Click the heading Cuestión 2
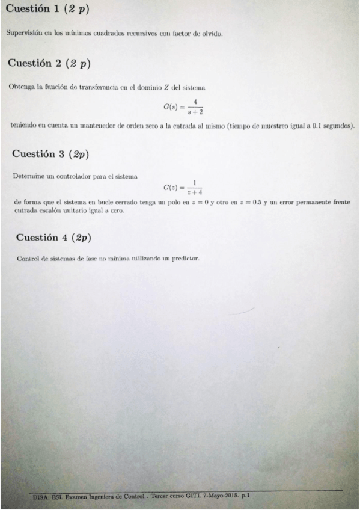[49, 63]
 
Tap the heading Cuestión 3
[50, 154]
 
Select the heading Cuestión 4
[53, 237]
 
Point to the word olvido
[211, 33]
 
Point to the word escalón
[49, 210]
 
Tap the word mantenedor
[86, 126]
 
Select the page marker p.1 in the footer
[245, 496]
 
